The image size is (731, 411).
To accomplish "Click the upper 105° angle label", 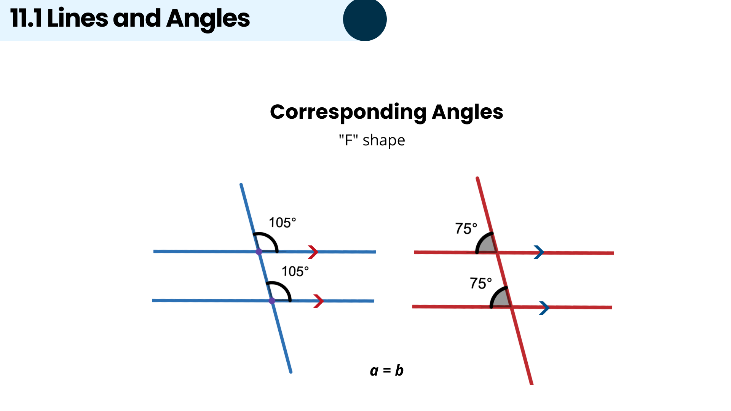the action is coord(282,223).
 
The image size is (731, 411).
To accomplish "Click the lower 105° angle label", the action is coord(295,271).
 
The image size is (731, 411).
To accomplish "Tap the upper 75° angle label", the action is coord(466,228).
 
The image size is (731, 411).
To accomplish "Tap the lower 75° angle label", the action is coord(480,283).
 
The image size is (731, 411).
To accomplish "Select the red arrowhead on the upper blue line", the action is coord(313,252).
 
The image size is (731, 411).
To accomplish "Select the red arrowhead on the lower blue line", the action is coord(318,301).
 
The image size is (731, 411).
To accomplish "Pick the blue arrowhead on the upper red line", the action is coord(539,252).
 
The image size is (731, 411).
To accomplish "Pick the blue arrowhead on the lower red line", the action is coord(544,307).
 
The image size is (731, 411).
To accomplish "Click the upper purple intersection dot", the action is coord(259,252).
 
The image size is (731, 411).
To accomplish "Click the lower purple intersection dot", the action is coord(272,301).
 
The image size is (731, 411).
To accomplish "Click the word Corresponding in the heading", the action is coord(348,112).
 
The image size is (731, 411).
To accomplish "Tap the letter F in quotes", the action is coord(348,140).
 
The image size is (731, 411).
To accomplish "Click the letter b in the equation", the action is coord(399,370).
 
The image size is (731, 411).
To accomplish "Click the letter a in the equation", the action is coord(374,371).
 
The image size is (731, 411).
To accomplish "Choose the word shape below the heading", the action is coord(384,141).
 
